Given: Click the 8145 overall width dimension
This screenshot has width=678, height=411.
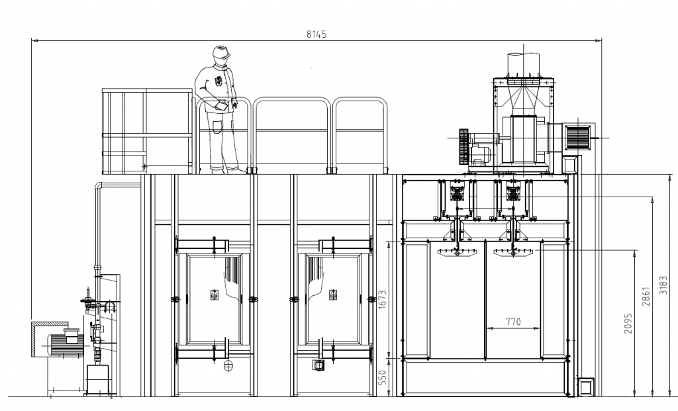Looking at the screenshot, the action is click(316, 34).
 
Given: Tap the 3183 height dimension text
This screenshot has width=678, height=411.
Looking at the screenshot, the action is click(663, 285).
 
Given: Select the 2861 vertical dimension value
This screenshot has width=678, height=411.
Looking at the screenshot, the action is click(646, 296).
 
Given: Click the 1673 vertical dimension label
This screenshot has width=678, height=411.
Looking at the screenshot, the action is click(382, 299).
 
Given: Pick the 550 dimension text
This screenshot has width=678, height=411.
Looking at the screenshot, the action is click(382, 377).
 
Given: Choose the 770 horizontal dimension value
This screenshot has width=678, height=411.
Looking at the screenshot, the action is click(513, 322).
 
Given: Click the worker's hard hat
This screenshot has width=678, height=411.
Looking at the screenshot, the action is click(221, 52).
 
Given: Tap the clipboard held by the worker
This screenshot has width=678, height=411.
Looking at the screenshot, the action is click(220, 105).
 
